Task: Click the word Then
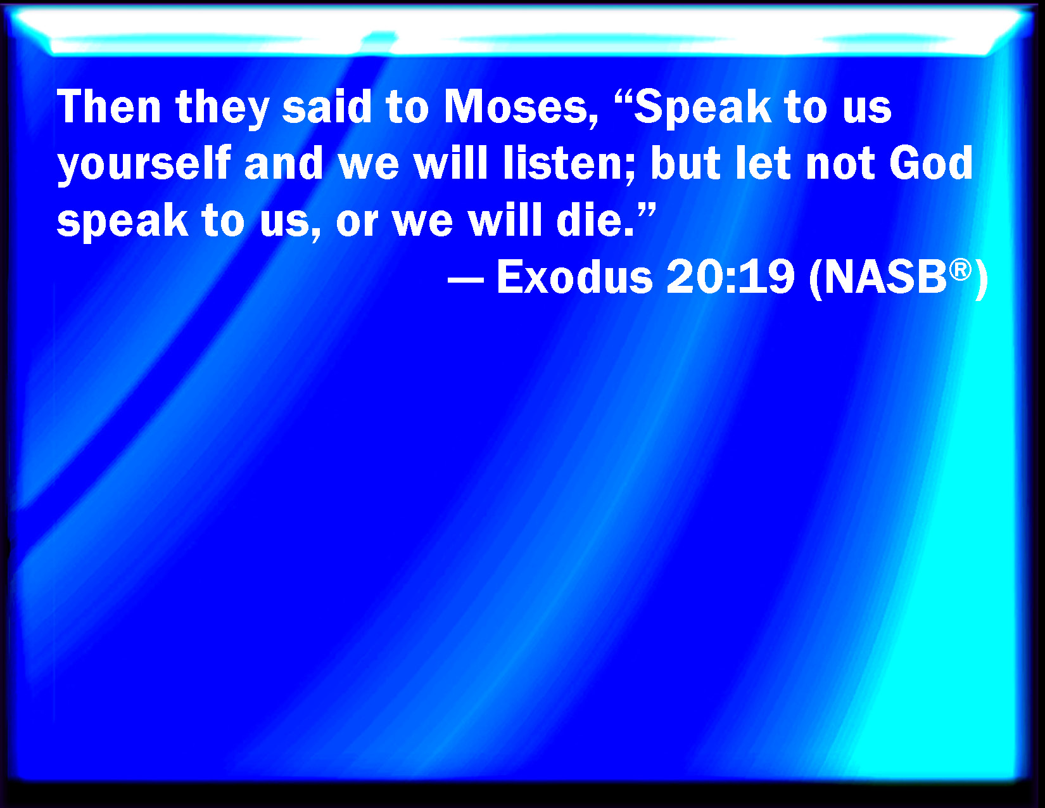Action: pyautogui.click(x=109, y=107)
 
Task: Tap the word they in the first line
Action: pyautogui.click(x=222, y=110)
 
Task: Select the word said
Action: pyautogui.click(x=327, y=107)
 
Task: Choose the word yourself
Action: pyautogui.click(x=144, y=165)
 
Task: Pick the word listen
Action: pyautogui.click(x=563, y=163)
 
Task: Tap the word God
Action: pyautogui.click(x=931, y=163)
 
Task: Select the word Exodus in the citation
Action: pyautogui.click(x=574, y=277)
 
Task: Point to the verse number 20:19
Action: pyautogui.click(x=730, y=277)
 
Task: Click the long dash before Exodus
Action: pyautogui.click(x=465, y=279)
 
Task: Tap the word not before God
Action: pyautogui.click(x=840, y=165)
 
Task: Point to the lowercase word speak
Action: pyautogui.click(x=123, y=222)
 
